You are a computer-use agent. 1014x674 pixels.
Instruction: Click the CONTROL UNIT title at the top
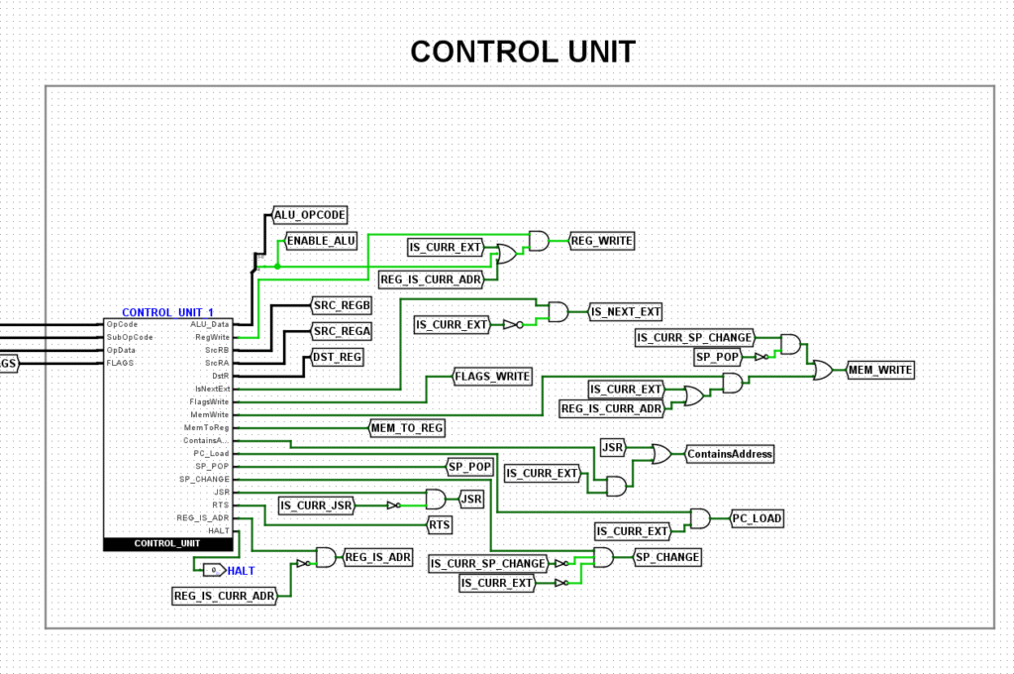point(523,52)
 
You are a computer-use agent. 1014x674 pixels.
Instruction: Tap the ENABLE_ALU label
point(321,240)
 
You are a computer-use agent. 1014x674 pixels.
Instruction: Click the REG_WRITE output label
point(601,240)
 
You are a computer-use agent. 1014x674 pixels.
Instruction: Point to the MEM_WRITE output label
point(879,371)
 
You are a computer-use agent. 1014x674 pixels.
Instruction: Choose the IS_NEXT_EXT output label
point(625,312)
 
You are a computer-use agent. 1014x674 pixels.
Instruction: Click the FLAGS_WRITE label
point(492,377)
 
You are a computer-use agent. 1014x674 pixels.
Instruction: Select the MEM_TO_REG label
point(406,428)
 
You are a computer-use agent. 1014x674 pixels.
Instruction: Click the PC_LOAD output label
point(758,518)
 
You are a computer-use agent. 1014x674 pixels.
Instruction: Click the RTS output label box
point(440,524)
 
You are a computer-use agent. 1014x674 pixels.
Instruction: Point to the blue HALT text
point(242,571)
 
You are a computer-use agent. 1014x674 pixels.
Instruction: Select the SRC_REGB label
point(341,305)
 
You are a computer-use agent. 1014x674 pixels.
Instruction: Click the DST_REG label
point(338,356)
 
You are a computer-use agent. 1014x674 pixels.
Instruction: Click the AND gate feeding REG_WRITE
point(539,240)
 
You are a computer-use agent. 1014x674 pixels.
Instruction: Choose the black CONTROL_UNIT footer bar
point(167,543)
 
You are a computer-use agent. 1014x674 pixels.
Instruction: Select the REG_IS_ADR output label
point(377,557)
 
